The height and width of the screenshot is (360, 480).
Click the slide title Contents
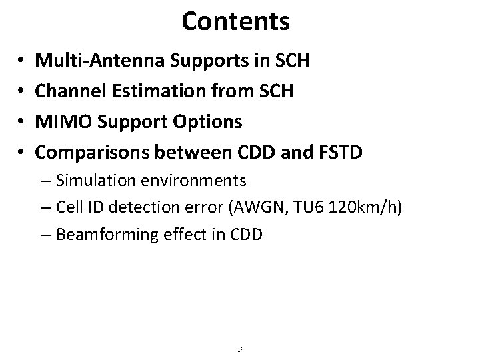coord(235,21)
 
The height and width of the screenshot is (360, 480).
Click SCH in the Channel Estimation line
coord(275,92)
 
